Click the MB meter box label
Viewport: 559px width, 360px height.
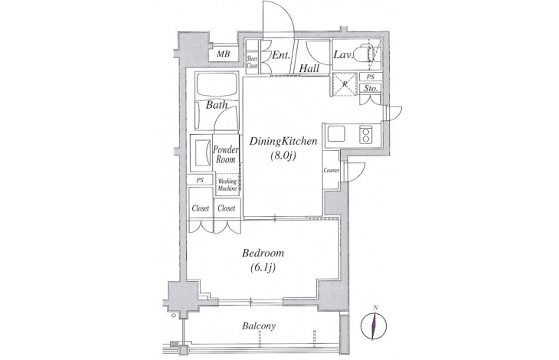[x=224, y=54]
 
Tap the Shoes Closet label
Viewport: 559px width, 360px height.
[x=253, y=61]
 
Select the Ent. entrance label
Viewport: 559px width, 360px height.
[x=283, y=55]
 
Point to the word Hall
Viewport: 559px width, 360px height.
[x=309, y=68]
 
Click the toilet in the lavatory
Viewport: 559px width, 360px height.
[x=368, y=54]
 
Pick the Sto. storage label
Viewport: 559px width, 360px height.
[x=371, y=88]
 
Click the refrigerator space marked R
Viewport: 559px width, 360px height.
[x=345, y=84]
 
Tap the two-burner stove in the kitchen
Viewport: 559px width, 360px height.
[x=365, y=134]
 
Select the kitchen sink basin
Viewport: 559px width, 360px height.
[x=336, y=134]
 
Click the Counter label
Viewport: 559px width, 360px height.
[x=332, y=171]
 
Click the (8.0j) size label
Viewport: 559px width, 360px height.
[x=283, y=156]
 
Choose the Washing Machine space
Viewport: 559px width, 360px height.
[x=227, y=185]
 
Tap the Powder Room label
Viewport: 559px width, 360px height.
[x=226, y=154]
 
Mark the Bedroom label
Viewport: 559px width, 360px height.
[x=263, y=254]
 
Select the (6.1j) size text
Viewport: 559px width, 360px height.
[x=263, y=267]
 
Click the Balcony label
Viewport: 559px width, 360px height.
[x=259, y=326]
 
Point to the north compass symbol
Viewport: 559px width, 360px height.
[x=374, y=324]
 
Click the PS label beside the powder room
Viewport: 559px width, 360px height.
[x=200, y=180]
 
